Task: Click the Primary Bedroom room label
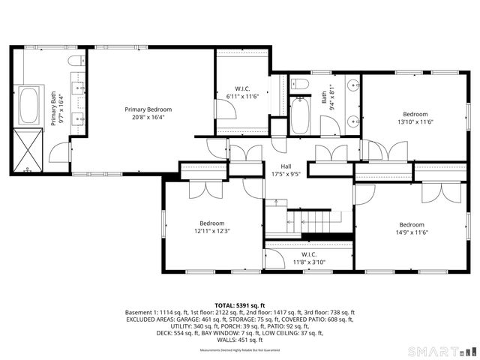pos(142,113)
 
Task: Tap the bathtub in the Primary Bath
pos(29,106)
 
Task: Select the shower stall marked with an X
pos(30,151)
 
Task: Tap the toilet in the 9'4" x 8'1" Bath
pos(298,83)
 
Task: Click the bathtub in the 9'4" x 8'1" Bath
pos(300,115)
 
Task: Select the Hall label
pos(286,170)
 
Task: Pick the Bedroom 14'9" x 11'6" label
pos(412,229)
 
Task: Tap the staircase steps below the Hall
pos(309,220)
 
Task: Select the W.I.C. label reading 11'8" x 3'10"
pos(308,259)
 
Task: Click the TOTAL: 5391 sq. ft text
pos(240,305)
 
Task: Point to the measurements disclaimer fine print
pos(240,350)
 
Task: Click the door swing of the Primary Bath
pos(59,154)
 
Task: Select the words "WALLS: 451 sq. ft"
pos(240,339)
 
